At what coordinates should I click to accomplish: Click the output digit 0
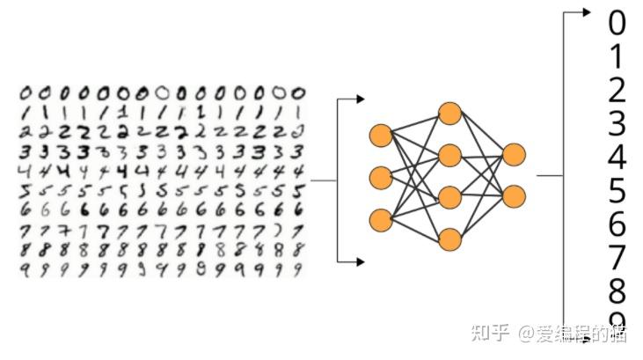pos(617,21)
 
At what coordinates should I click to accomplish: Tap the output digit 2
pos(617,89)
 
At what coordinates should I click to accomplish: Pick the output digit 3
pos(617,123)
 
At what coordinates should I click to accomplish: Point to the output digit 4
pos(617,157)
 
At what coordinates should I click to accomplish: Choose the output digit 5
pos(617,190)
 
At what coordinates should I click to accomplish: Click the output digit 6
pos(617,224)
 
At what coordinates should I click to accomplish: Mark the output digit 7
pos(617,257)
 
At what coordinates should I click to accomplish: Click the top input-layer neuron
pos(381,136)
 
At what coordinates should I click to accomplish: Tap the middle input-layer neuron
pos(381,177)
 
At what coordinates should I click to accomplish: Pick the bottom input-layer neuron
pos(381,218)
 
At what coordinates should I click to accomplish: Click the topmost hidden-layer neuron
pos(449,114)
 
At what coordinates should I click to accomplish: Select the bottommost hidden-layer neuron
pos(449,239)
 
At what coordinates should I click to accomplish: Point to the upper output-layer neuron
pos(515,155)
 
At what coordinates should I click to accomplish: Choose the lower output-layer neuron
pos(515,196)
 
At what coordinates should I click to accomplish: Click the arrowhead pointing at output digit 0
pos(588,12)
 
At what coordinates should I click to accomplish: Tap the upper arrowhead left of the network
pos(360,99)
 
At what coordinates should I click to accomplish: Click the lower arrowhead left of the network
pos(360,261)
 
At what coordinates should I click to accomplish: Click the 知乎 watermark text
pos(491,333)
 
